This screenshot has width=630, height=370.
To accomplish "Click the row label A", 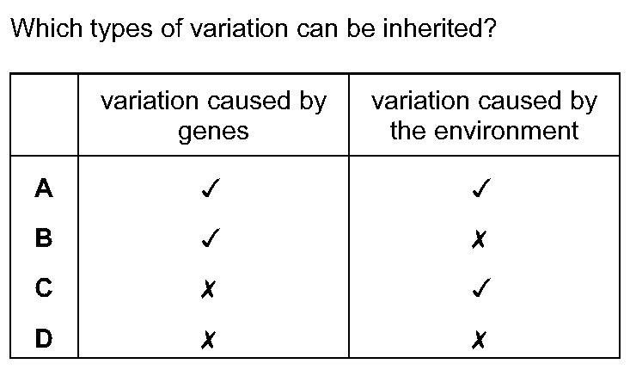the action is [x=44, y=188].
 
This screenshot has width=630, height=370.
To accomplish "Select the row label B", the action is [x=44, y=237].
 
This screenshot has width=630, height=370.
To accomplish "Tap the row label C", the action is [x=44, y=288].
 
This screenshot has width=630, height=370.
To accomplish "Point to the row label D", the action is [x=44, y=338].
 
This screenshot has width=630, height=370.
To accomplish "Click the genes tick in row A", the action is [x=211, y=188].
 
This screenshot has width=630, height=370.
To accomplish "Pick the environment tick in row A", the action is [x=481, y=188].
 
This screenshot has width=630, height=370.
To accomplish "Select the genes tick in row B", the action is [x=211, y=237].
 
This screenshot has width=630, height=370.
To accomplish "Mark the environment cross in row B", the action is [x=479, y=240].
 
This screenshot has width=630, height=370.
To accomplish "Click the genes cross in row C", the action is [x=208, y=290].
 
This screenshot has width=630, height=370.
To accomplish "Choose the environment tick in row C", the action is [x=481, y=288].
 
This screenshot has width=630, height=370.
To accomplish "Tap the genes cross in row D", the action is [x=208, y=340].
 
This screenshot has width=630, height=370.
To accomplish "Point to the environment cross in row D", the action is [x=479, y=340].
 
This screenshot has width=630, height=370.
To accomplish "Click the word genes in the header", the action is [x=213, y=132].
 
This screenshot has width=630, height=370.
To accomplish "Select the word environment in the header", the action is [x=506, y=130].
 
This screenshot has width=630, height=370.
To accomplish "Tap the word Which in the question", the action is [x=46, y=28].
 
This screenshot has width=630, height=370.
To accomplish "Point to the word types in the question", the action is [x=121, y=30].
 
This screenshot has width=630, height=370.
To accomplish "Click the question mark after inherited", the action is [x=492, y=28].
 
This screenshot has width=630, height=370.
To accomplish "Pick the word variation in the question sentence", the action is [x=239, y=28].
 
